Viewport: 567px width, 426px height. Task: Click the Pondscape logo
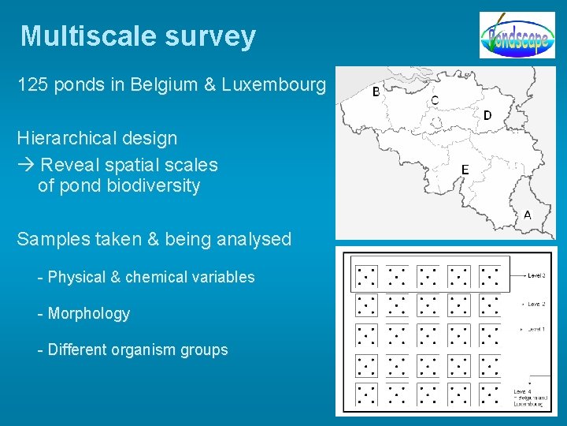[x=517, y=35]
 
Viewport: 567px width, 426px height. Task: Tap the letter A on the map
[x=527, y=215]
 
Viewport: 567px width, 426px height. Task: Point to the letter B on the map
[x=376, y=92]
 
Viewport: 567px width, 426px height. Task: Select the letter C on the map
[x=435, y=101]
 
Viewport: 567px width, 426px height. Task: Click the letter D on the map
[x=487, y=115]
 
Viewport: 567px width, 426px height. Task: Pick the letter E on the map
[x=465, y=170]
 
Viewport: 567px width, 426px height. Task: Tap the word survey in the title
[x=210, y=37]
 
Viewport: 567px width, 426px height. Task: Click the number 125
[x=34, y=84]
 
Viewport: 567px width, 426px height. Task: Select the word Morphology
[x=88, y=314]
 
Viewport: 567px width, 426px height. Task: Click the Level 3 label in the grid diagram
[x=536, y=275]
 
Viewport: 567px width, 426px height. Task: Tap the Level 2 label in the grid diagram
[x=536, y=304]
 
